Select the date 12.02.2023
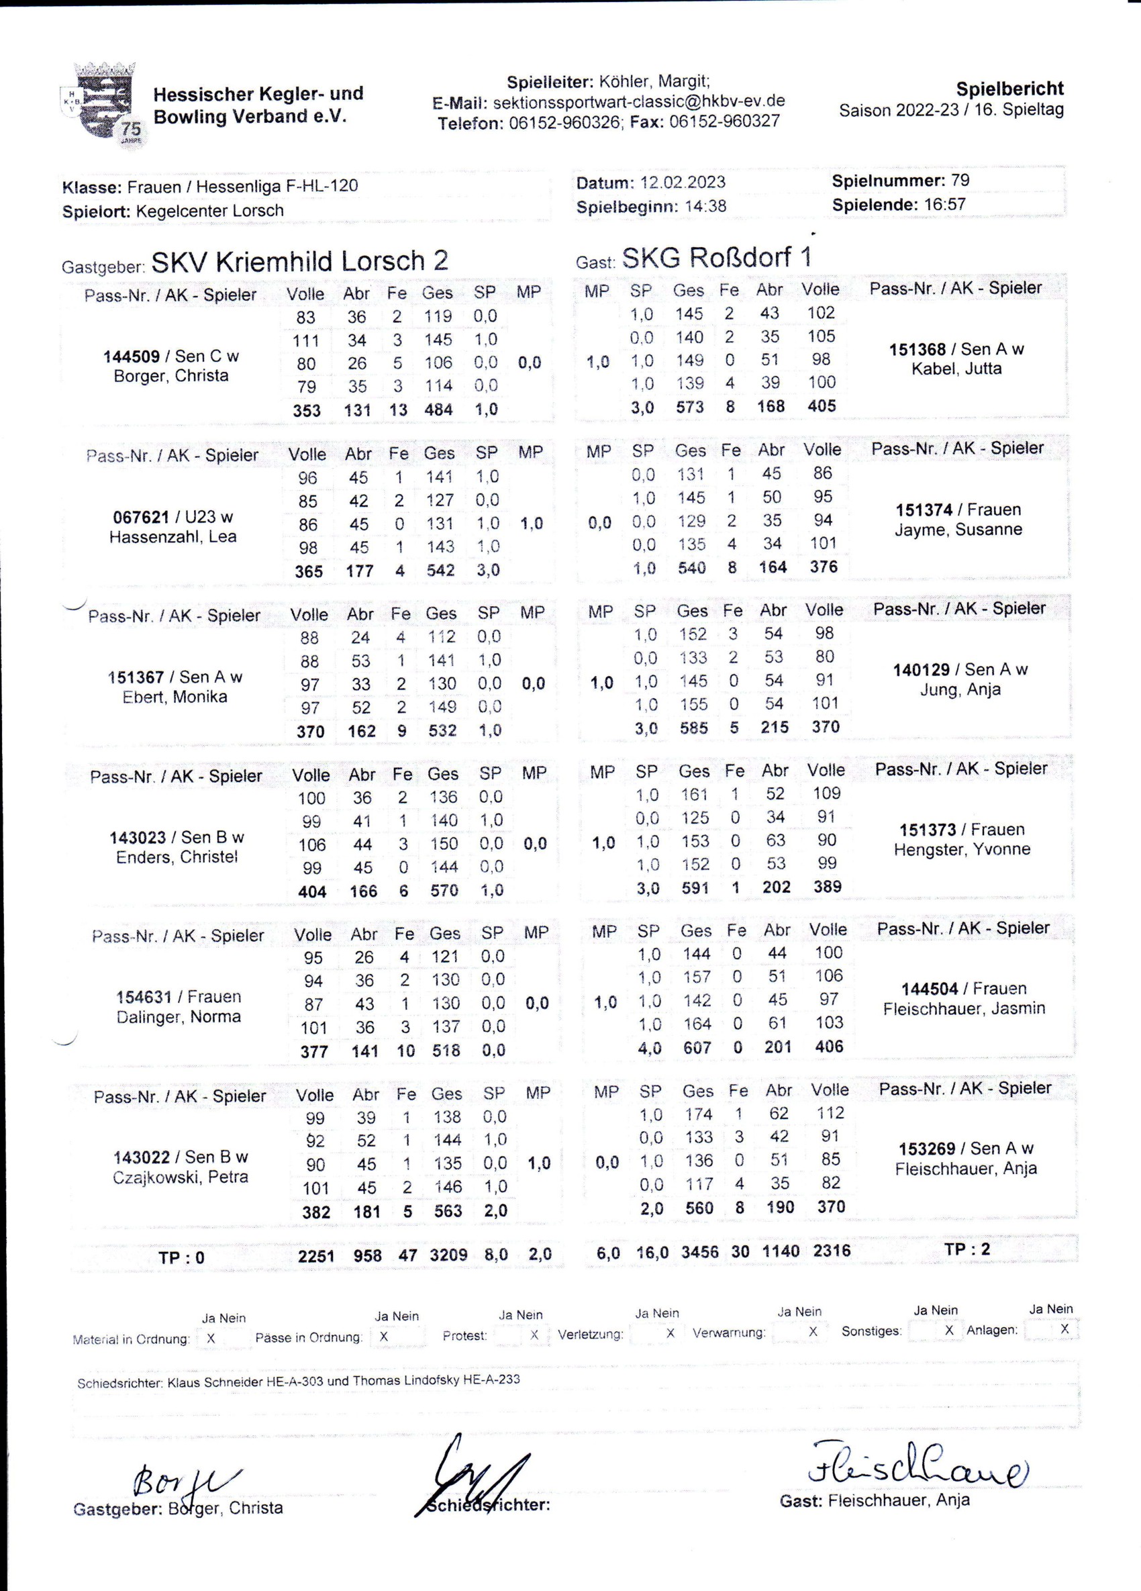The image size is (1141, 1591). tap(683, 183)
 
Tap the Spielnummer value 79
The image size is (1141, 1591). tap(960, 181)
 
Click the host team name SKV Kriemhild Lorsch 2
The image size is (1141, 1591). tap(299, 261)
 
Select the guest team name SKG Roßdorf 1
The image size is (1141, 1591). tap(717, 258)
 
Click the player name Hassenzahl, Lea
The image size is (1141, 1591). tap(172, 536)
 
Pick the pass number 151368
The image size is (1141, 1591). tap(922, 349)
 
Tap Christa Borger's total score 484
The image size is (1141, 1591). tap(438, 409)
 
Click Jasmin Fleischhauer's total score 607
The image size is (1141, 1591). tap(699, 1047)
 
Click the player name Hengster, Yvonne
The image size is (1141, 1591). tap(962, 849)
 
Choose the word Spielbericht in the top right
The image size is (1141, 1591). tap(1010, 89)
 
